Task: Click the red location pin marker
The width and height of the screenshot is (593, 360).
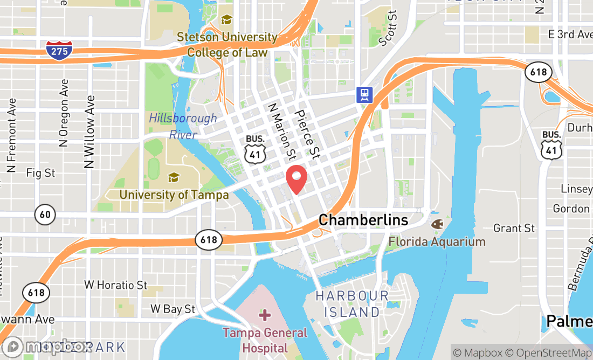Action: click(x=296, y=179)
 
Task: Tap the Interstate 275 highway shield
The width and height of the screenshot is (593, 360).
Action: click(x=59, y=50)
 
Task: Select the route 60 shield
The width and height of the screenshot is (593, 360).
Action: click(x=45, y=215)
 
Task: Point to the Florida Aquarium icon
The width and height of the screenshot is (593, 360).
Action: click(x=437, y=223)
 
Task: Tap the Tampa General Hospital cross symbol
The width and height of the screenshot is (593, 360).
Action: click(x=265, y=314)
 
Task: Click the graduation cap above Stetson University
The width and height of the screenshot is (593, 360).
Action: click(x=226, y=20)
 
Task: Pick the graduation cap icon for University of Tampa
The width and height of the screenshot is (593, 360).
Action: click(x=174, y=177)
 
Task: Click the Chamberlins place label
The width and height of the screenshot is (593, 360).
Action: click(x=363, y=220)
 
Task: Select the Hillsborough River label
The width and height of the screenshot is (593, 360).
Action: click(x=183, y=126)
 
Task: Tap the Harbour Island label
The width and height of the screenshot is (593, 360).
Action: click(x=352, y=304)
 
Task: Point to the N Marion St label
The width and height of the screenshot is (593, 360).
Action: click(x=282, y=131)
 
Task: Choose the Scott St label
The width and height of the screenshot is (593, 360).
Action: click(x=388, y=28)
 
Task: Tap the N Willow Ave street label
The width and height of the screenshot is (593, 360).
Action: click(x=89, y=132)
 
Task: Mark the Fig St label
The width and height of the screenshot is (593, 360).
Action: click(x=40, y=173)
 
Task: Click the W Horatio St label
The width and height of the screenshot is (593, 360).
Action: click(x=115, y=285)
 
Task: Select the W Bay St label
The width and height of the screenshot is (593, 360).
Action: click(x=173, y=309)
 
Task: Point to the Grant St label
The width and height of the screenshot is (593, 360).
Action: click(x=514, y=229)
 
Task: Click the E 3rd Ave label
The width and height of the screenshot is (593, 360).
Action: click(x=570, y=34)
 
